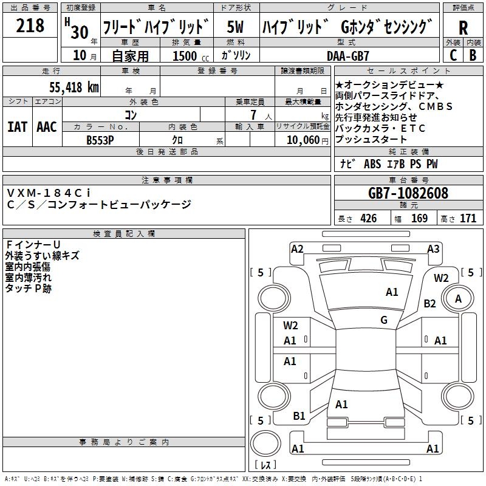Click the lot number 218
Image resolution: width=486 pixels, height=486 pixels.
pyautogui.click(x=30, y=26)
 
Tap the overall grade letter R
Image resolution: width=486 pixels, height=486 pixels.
pyautogui.click(x=463, y=28)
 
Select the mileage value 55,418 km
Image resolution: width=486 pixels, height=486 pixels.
pyautogui.click(x=74, y=87)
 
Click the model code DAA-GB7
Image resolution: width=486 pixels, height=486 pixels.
pyautogui.click(x=348, y=56)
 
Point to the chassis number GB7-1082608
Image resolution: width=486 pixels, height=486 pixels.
pyautogui.click(x=408, y=193)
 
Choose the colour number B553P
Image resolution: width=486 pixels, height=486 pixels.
pyautogui.click(x=100, y=140)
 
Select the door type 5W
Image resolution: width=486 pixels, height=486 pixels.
pyautogui.click(x=235, y=27)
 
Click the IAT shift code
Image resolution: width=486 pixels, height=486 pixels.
pyautogui.click(x=18, y=127)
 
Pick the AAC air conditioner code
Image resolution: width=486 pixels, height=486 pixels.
pyautogui.click(x=47, y=127)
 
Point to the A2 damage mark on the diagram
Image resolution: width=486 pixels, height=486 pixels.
pyautogui.click(x=297, y=249)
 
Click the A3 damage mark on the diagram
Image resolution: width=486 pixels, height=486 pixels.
pyautogui.click(x=433, y=249)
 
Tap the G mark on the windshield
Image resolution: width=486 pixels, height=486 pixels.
pyautogui.click(x=384, y=320)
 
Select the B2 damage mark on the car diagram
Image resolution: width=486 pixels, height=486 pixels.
pyautogui.click(x=430, y=303)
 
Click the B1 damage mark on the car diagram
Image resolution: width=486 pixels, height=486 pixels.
pyautogui.click(x=299, y=416)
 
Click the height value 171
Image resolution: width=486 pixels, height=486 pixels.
pyautogui.click(x=468, y=219)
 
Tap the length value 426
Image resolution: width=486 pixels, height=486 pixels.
pyautogui.click(x=369, y=219)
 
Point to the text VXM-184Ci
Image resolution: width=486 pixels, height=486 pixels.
pyautogui.click(x=49, y=193)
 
